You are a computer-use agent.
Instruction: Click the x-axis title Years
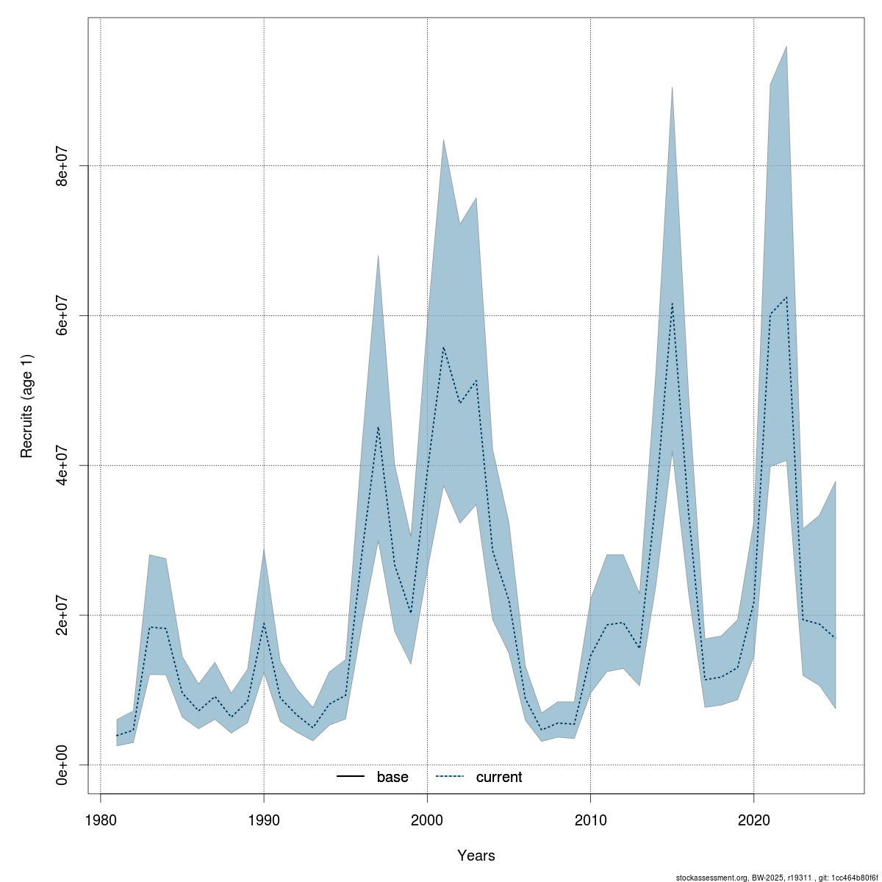click(x=476, y=856)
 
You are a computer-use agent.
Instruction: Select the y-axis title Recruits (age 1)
click(x=27, y=406)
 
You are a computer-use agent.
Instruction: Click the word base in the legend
click(x=392, y=777)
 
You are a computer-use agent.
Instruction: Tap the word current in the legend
click(x=499, y=777)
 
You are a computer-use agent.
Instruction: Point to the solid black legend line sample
click(x=351, y=777)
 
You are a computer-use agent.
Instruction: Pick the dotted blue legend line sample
click(x=451, y=777)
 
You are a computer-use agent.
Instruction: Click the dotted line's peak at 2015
click(x=672, y=304)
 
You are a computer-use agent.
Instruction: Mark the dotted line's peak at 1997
click(x=378, y=427)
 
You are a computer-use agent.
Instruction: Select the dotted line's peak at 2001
click(x=443, y=347)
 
